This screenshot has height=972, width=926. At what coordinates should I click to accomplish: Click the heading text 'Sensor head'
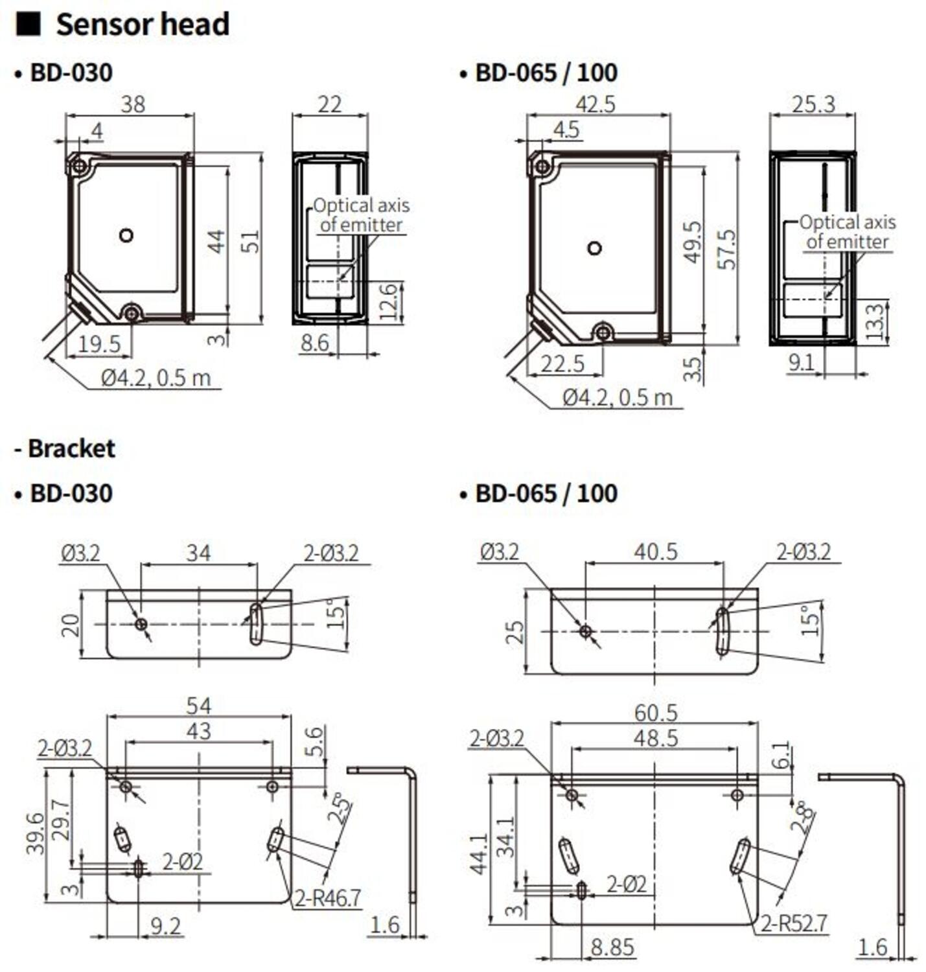click(142, 25)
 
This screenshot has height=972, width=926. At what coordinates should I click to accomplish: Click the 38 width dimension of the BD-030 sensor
click(133, 104)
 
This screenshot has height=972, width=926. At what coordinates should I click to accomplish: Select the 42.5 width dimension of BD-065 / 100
click(595, 104)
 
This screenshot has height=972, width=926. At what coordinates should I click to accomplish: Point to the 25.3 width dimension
click(813, 104)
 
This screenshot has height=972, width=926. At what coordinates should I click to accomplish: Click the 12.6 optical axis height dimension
click(388, 302)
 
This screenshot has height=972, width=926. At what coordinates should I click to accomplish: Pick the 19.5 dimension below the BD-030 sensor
click(98, 344)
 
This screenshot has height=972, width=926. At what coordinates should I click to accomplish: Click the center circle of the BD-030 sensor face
click(126, 235)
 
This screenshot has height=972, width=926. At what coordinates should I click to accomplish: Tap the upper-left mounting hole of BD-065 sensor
click(542, 167)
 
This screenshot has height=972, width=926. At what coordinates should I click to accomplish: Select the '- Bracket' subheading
click(65, 448)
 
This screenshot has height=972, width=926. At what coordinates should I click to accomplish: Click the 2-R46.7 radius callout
click(327, 898)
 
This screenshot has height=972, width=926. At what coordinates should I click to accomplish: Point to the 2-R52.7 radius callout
click(794, 923)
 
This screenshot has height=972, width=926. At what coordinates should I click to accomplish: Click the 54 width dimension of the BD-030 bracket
click(198, 705)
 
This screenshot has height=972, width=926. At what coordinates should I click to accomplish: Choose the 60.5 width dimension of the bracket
click(655, 713)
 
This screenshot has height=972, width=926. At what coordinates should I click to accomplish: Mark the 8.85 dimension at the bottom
click(612, 947)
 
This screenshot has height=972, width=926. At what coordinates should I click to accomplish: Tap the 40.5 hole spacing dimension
click(655, 552)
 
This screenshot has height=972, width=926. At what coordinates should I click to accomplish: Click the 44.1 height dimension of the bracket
click(480, 853)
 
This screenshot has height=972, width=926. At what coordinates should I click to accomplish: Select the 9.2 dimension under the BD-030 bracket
click(165, 926)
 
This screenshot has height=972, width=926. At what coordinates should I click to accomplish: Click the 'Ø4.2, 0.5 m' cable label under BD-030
click(156, 378)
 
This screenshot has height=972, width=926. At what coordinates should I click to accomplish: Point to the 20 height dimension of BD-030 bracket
click(71, 625)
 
